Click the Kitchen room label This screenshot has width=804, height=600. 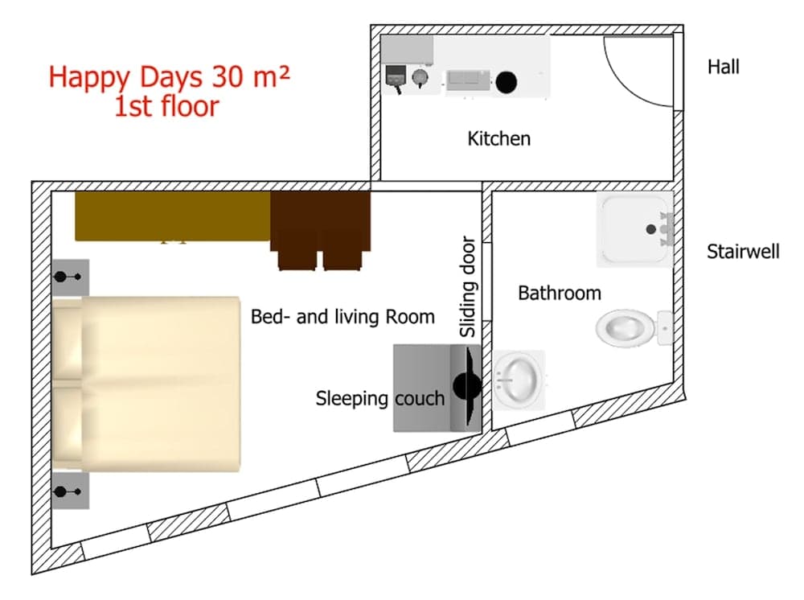pos(498,138)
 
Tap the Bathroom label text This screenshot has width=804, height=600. pos(559,293)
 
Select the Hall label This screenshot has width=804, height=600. pos(723,67)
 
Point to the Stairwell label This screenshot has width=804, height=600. pos(743,252)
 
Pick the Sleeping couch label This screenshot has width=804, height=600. pos(379,398)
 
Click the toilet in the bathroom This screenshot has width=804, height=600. pos(627,327)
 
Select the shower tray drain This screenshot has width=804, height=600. pos(651,229)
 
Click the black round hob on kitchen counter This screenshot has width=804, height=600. pos(506,80)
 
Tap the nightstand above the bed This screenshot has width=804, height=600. pos(71,277)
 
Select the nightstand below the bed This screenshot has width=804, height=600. pos(71,491)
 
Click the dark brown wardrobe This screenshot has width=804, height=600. pos(320,229)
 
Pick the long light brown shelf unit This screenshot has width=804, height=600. pos(173,216)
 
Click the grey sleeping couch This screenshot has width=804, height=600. pos(426,388)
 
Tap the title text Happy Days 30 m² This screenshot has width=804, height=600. pos(169,78)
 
